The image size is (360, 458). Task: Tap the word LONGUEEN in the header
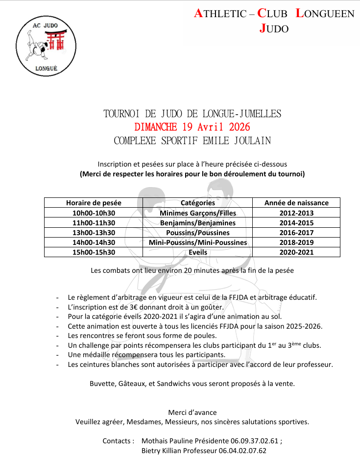pyautogui.click(x=325, y=14)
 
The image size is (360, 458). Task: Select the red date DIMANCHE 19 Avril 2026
pyautogui.click(x=192, y=127)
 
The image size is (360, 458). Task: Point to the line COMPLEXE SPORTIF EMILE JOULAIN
pyautogui.click(x=192, y=141)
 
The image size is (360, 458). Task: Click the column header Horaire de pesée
pyautogui.click(x=93, y=203)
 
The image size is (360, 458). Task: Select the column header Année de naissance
pyautogui.click(x=296, y=203)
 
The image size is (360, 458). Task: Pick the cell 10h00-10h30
pyautogui.click(x=93, y=213)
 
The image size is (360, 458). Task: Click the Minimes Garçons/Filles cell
pyautogui.click(x=197, y=213)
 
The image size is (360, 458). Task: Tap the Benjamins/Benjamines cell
pyautogui.click(x=197, y=223)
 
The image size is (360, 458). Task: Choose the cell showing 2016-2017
pyautogui.click(x=296, y=233)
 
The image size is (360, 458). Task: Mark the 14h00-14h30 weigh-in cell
pyautogui.click(x=93, y=242)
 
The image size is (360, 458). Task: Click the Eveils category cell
pyautogui.click(x=197, y=252)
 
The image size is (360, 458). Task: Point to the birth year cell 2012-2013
pyautogui.click(x=296, y=213)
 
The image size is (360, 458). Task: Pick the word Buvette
pyautogui.click(x=102, y=384)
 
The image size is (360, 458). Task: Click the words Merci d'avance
pyautogui.click(x=192, y=412)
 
